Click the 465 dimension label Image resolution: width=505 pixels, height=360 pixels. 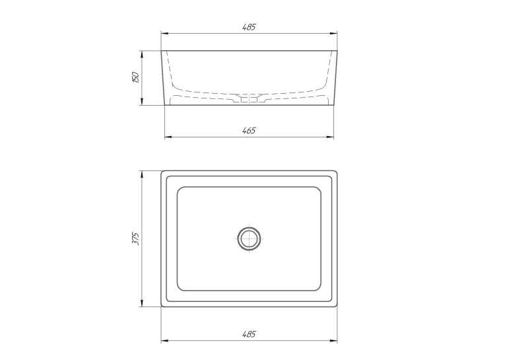[249, 130]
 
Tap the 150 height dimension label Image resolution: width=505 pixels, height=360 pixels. [136, 77]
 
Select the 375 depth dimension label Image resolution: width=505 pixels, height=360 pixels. [136, 238]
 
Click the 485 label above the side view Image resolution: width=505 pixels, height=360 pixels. [249, 26]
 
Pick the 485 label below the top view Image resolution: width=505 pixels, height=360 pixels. [249, 334]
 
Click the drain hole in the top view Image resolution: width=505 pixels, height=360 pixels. [249, 238]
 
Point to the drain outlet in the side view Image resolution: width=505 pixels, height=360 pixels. [250, 100]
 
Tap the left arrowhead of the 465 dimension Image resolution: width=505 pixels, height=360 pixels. [168, 137]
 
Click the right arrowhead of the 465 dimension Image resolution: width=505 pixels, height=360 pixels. [330, 137]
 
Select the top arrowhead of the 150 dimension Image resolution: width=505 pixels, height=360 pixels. [142, 54]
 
